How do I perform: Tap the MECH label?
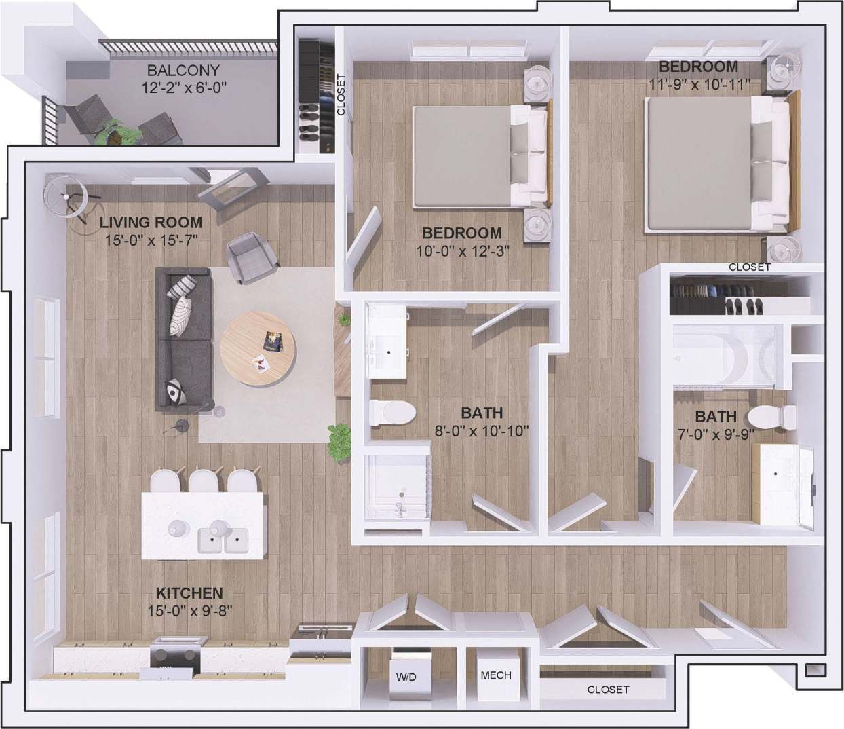(x=496, y=675)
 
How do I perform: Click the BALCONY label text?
(x=183, y=71)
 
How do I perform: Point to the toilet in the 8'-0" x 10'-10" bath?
(x=393, y=412)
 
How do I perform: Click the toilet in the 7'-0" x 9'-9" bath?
(x=775, y=416)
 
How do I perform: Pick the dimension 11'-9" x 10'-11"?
(x=698, y=84)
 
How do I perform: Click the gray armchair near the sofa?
(x=252, y=257)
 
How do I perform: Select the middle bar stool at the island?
(x=203, y=482)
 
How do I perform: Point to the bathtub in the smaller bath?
(x=726, y=354)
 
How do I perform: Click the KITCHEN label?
(x=189, y=593)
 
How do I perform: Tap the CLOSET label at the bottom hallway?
(x=608, y=690)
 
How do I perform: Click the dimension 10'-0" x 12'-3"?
(x=463, y=250)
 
